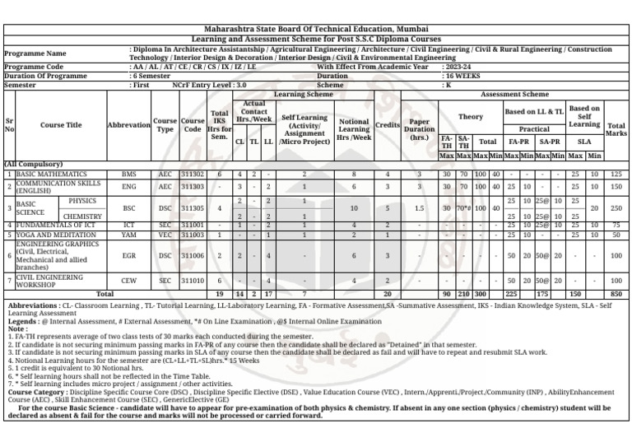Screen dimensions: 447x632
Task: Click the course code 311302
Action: [x=193, y=175]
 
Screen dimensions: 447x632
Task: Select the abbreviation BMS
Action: [x=129, y=175]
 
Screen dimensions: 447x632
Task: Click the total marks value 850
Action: [x=616, y=293]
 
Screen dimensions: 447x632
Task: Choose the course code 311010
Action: [x=193, y=281]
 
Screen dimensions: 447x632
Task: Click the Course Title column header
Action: [x=62, y=125]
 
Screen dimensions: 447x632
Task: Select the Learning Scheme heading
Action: [x=303, y=95]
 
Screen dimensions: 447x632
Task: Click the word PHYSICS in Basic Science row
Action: [x=83, y=200]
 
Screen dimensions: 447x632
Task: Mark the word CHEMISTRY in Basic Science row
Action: [x=82, y=217]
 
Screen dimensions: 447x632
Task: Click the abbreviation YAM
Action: [x=129, y=235]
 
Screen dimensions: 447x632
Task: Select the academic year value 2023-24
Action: [x=458, y=67]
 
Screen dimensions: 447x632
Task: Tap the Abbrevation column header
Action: [x=129, y=125]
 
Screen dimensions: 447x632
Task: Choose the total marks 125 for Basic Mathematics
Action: [x=616, y=175]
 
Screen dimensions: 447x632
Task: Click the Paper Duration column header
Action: [x=419, y=128]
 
